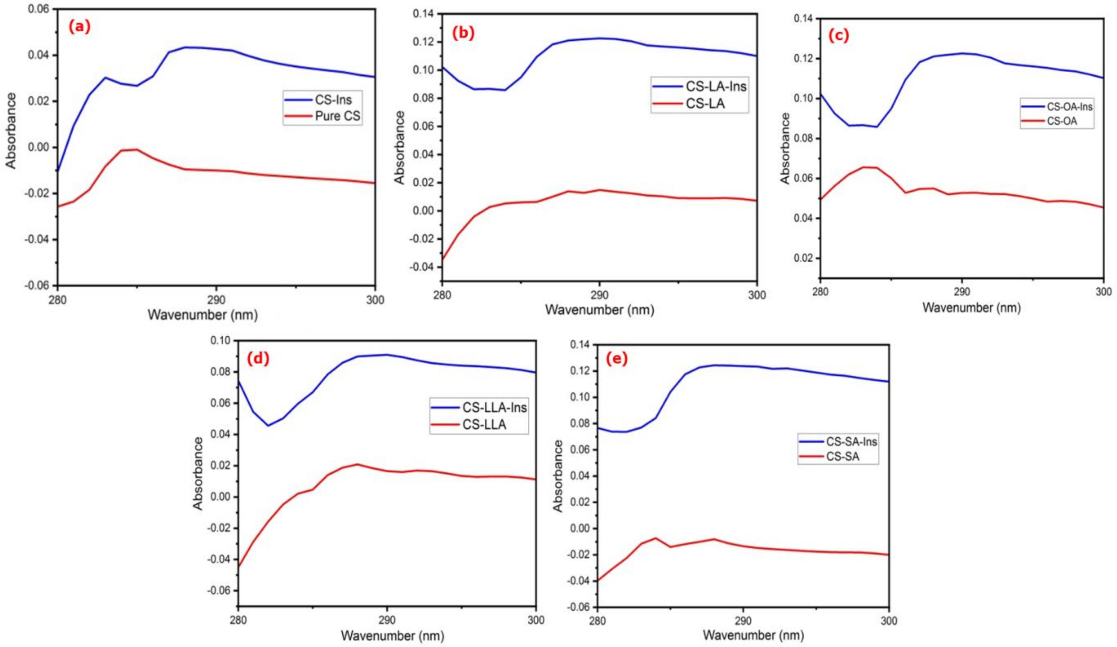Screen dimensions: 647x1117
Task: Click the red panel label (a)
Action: pos(79,28)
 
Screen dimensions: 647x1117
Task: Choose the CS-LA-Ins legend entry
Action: pos(716,86)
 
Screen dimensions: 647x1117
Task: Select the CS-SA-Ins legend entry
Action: pos(851,441)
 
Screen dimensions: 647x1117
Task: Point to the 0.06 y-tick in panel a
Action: pos(39,9)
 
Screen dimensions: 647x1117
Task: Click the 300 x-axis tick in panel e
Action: pos(888,620)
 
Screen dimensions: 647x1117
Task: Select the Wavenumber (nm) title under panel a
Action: pos(203,315)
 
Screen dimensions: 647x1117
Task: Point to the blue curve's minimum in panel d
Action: pos(268,425)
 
